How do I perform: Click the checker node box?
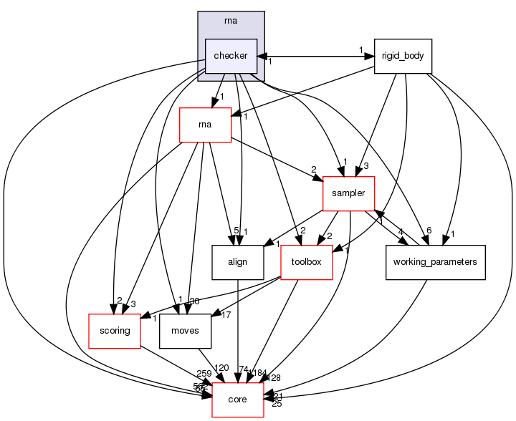tap(231, 56)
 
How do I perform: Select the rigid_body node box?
tap(403, 56)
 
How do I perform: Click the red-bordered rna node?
tap(205, 125)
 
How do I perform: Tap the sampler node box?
tap(349, 193)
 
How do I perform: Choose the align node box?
tap(237, 262)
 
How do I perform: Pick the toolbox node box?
tap(307, 262)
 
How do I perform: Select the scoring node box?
tap(114, 331)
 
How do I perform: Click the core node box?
tap(238, 399)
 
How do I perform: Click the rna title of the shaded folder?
tap(231, 21)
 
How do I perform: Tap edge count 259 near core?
tap(204, 374)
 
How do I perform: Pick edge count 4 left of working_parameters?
tap(402, 231)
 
